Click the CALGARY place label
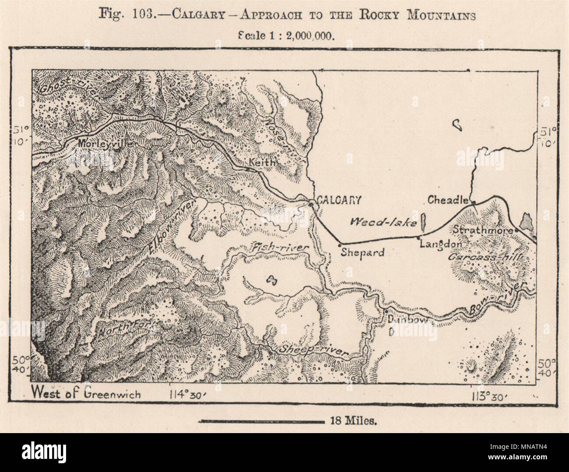pos(339,200)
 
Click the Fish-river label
pos(280,248)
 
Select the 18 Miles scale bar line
pos(260,421)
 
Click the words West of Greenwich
pos(86,394)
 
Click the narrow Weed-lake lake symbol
pos(423,222)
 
